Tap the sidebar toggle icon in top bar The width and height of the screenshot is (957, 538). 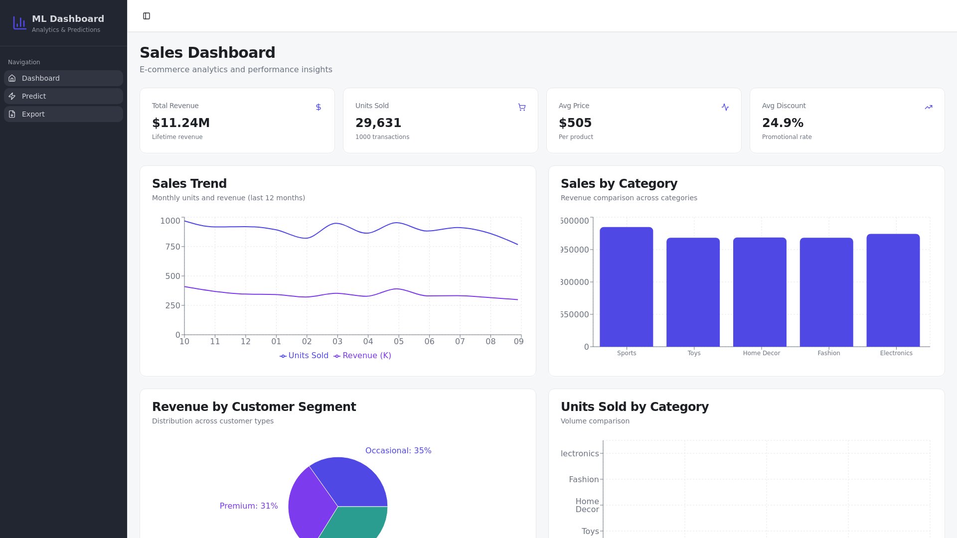tap(147, 16)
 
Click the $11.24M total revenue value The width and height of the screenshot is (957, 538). tap(181, 123)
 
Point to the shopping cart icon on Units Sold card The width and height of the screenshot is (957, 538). tap(522, 107)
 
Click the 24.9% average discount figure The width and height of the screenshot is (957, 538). tap(783, 123)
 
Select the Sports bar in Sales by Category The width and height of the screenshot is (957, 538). tap(626, 287)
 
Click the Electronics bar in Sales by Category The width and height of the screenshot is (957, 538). tap(893, 290)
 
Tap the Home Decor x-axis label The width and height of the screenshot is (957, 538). tap(761, 353)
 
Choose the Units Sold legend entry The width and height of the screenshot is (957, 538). tap(304, 356)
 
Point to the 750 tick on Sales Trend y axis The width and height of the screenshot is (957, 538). tap(172, 247)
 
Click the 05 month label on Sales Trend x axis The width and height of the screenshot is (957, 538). tap(399, 341)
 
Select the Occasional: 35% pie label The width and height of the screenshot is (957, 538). tap(398, 450)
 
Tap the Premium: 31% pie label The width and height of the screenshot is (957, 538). tap(249, 506)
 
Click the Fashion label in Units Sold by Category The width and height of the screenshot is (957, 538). tap(584, 479)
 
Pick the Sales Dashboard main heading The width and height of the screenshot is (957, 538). tap(207, 52)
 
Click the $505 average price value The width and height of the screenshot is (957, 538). tap(575, 123)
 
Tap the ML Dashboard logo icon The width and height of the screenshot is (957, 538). tap(19, 23)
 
